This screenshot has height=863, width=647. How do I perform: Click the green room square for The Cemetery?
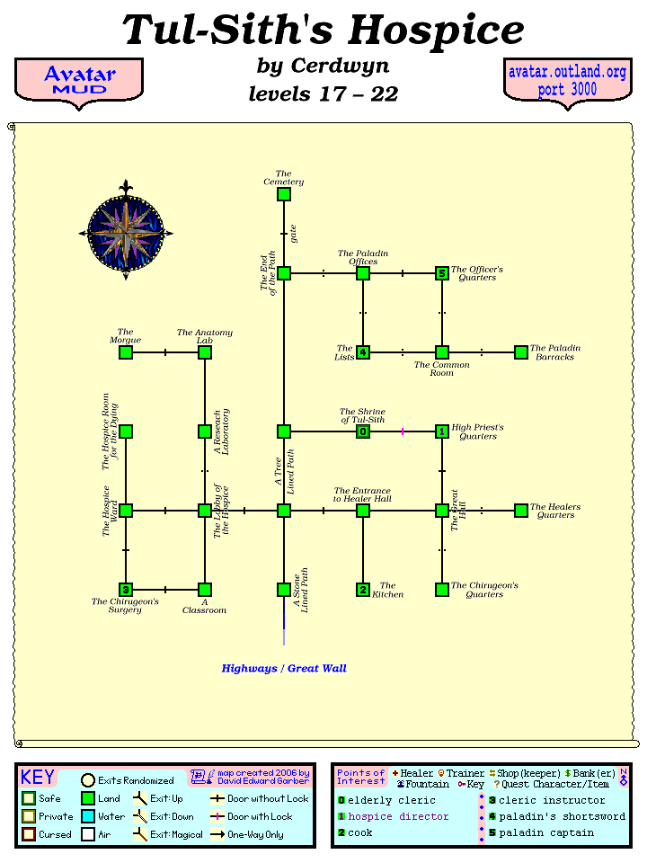tap(284, 194)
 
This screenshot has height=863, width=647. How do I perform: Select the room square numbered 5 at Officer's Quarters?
tap(441, 273)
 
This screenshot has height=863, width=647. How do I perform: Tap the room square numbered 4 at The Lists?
tap(363, 352)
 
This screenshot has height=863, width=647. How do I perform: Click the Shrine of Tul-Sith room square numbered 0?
tap(363, 431)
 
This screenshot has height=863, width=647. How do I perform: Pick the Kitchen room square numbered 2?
tap(363, 590)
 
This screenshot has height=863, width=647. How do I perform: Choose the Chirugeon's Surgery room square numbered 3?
tap(126, 590)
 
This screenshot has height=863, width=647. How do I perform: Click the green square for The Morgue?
tap(126, 352)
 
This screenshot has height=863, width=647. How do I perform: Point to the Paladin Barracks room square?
tap(520, 352)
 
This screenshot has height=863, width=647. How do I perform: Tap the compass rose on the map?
tap(126, 233)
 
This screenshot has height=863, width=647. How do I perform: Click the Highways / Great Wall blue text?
tap(284, 669)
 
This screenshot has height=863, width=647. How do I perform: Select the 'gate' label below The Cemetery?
tap(293, 234)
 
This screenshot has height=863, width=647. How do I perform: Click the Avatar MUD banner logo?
tap(79, 80)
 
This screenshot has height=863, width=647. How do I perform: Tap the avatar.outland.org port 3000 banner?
tap(567, 80)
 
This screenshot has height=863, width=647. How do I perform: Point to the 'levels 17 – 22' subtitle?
tap(323, 93)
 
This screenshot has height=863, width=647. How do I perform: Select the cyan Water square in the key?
tap(89, 816)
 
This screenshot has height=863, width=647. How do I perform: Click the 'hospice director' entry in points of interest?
tap(398, 816)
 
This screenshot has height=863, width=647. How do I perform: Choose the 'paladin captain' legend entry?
tap(545, 832)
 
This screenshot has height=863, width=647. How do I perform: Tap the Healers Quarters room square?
tap(520, 511)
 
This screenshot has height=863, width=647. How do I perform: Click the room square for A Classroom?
tap(205, 590)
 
